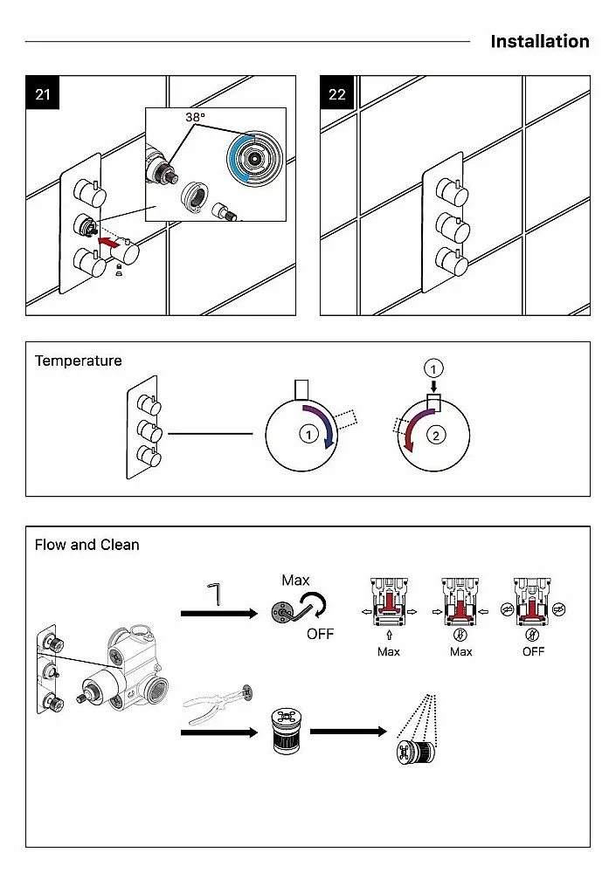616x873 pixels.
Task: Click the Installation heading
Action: coord(539,41)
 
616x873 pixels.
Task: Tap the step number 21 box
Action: coord(43,94)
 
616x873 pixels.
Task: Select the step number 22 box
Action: coord(337,94)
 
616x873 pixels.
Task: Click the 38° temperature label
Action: coord(195,116)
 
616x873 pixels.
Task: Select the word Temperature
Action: coord(79,361)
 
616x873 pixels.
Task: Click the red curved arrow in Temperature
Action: coord(416,430)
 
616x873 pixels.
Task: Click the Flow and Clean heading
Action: coord(87,545)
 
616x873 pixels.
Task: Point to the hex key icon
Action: coord(215,594)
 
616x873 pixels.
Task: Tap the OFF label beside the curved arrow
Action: coord(320,634)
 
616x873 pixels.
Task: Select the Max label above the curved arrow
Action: coord(295,581)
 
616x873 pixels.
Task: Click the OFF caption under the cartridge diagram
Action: coord(533,651)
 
